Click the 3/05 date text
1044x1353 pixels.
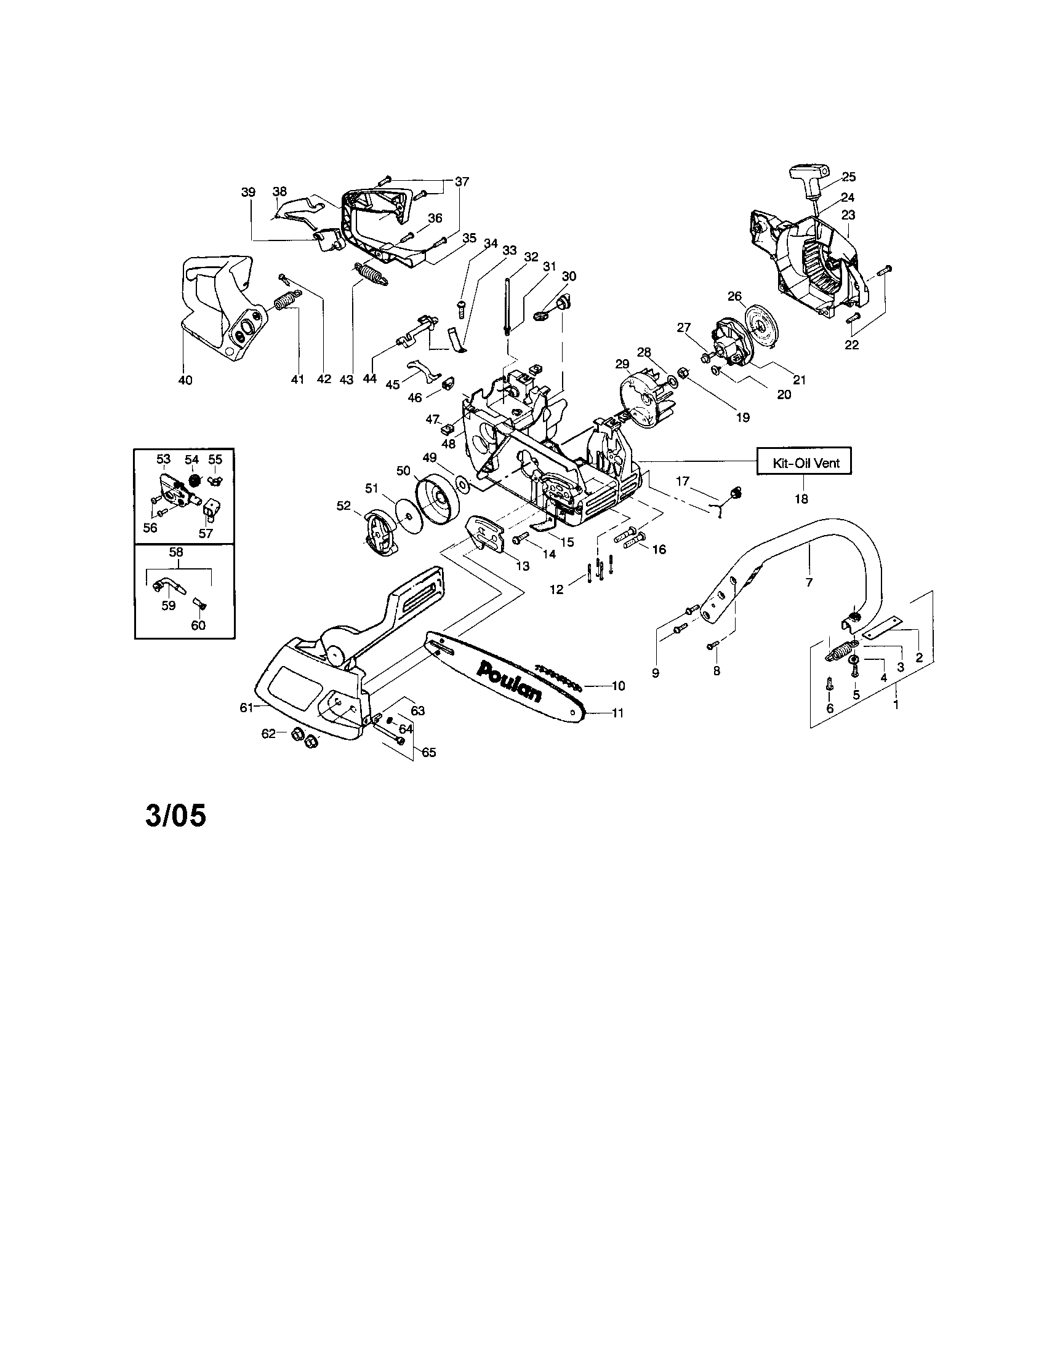coord(175,816)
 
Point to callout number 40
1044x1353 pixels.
coord(185,380)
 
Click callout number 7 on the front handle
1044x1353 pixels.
coord(809,582)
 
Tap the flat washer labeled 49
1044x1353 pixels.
coord(462,482)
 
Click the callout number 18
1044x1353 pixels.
coord(801,499)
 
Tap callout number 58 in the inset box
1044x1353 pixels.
coord(175,552)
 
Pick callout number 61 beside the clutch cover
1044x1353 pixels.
coord(246,707)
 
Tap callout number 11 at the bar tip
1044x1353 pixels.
coord(617,712)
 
